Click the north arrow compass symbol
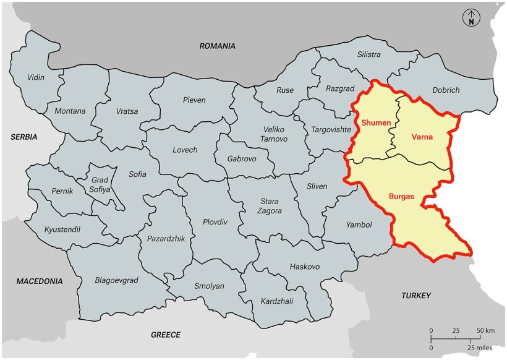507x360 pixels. [471, 19]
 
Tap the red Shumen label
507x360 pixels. [376, 122]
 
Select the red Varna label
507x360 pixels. [422, 137]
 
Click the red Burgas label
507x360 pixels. [401, 196]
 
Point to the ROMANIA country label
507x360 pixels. [217, 46]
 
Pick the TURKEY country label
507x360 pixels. [416, 295]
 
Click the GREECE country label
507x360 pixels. [166, 335]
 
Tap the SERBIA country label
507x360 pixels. [23, 137]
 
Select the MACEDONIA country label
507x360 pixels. [40, 281]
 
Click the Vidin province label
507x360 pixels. [36, 77]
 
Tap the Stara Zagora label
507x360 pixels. [269, 206]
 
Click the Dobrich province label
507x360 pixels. [446, 90]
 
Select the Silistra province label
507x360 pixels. [369, 54]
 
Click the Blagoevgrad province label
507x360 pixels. [116, 280]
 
